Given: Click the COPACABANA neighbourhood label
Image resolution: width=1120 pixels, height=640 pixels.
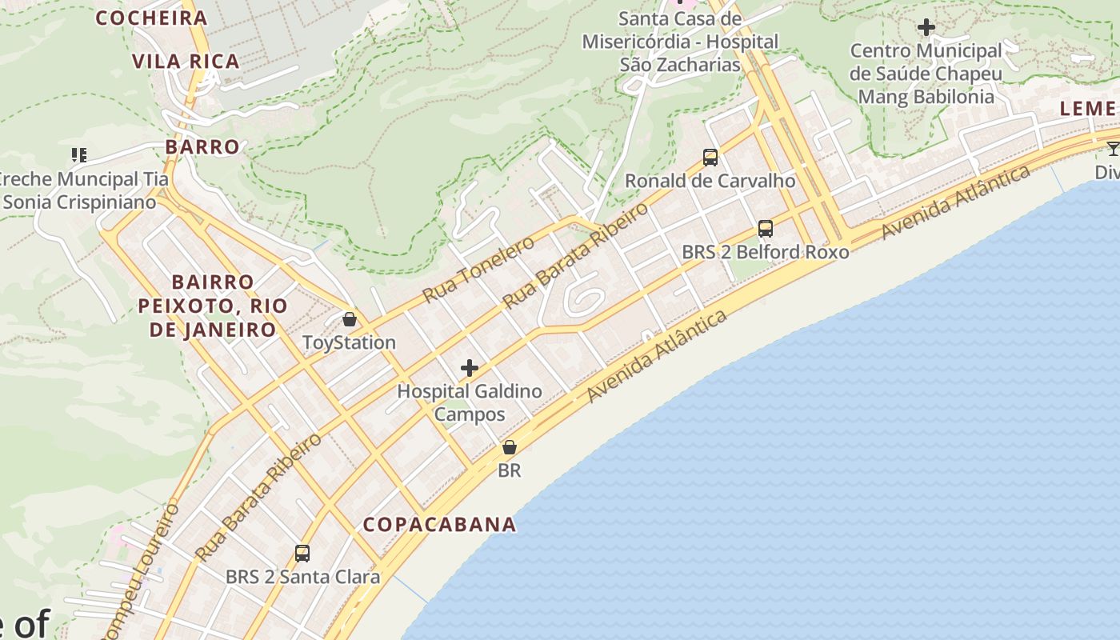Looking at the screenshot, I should click(x=439, y=525).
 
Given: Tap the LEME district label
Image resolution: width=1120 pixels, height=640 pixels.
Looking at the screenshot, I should click(x=1088, y=109).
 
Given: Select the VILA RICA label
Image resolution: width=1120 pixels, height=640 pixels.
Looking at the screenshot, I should click(x=186, y=62).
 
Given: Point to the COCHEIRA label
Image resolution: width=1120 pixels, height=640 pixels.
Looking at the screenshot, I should click(x=151, y=18).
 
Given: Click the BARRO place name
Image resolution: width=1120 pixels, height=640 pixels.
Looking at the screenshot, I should click(x=202, y=147).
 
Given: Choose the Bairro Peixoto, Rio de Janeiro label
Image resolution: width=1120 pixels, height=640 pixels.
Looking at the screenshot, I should click(x=212, y=306).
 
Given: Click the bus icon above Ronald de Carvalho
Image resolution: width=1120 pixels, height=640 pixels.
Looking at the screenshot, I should click(x=710, y=158).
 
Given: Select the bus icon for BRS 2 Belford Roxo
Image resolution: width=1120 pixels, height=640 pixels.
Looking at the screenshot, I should click(x=766, y=229).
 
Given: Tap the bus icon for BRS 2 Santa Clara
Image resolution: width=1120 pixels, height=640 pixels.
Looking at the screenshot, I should click(x=302, y=553).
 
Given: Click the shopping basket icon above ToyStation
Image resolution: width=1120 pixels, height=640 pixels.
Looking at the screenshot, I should click(x=350, y=319).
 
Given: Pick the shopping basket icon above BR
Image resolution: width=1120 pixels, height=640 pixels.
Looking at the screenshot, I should click(x=509, y=447).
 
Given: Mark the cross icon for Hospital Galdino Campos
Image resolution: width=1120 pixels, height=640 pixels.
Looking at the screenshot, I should click(x=470, y=368).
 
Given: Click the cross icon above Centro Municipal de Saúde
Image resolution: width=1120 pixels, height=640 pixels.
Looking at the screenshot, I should click(x=926, y=27).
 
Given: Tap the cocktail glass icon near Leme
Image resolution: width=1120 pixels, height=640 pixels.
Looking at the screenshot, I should click(x=1113, y=149).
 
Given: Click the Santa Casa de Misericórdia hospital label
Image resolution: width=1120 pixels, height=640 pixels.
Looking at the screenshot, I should click(x=680, y=41).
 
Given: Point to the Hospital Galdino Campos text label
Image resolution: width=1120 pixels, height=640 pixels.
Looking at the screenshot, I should click(x=470, y=402).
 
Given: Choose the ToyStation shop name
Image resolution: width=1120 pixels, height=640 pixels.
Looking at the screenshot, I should click(x=349, y=342).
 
